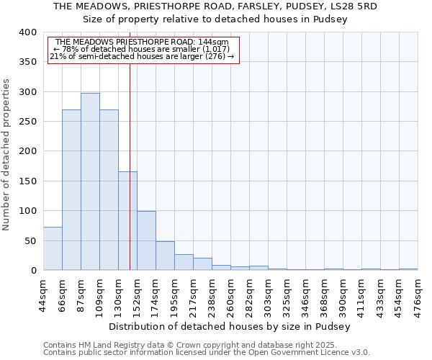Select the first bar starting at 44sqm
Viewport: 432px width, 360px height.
coord(53,248)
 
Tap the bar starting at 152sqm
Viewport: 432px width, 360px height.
coord(146,240)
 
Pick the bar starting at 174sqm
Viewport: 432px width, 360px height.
coord(165,256)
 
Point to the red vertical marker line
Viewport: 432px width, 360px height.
coord(130,144)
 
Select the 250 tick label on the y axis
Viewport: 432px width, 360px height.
coord(27,122)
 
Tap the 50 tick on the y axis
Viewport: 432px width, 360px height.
coord(30,240)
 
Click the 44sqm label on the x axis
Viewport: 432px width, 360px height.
coord(44,293)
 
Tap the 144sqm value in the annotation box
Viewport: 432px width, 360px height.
coord(214,42)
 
